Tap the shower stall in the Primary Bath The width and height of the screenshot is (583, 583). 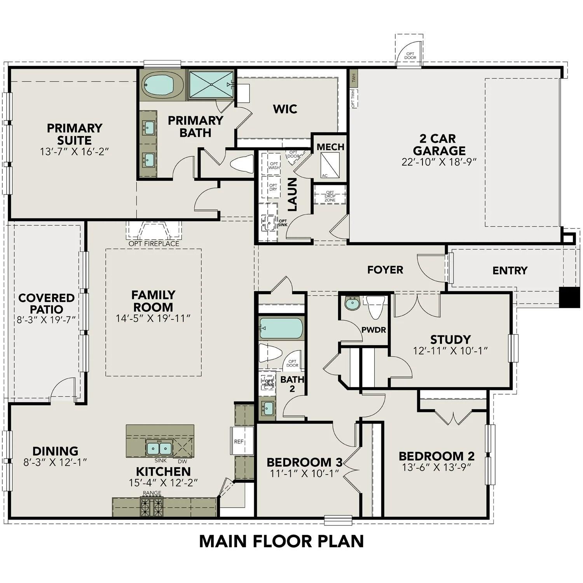pyautogui.click(x=211, y=84)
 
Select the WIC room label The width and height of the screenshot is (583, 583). pyautogui.click(x=285, y=109)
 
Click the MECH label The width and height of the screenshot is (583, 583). pyautogui.click(x=330, y=147)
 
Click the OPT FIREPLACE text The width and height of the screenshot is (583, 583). pyautogui.click(x=154, y=244)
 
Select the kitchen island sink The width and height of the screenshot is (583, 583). pyautogui.click(x=159, y=448)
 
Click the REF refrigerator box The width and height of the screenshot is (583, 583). pyautogui.click(x=239, y=441)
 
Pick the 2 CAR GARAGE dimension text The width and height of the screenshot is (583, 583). pyautogui.click(x=439, y=162)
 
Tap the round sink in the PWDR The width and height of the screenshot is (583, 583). pyautogui.click(x=352, y=304)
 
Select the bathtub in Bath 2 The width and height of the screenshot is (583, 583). pyautogui.click(x=281, y=328)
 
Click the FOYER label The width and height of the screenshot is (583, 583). pyautogui.click(x=385, y=270)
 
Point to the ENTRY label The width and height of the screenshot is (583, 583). pyautogui.click(x=510, y=271)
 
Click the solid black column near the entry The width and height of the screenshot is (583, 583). pyautogui.click(x=569, y=297)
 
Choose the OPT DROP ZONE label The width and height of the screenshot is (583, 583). pyautogui.click(x=330, y=196)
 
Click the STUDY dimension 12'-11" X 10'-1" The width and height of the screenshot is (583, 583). pyautogui.click(x=450, y=351)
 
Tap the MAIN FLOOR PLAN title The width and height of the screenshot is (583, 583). pyautogui.click(x=281, y=541)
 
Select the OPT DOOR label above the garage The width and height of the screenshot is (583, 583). pyautogui.click(x=410, y=56)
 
